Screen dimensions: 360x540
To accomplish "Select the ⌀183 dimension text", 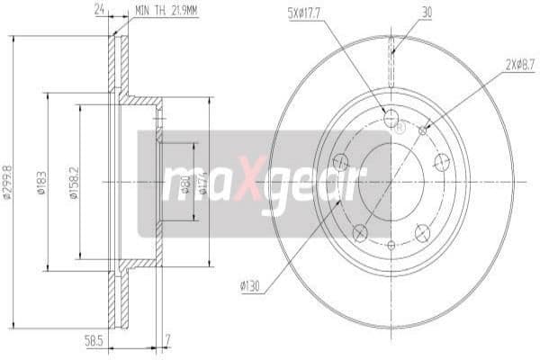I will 40,184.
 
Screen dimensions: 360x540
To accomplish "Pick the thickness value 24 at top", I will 101,12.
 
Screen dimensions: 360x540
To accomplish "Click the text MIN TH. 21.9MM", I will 167,12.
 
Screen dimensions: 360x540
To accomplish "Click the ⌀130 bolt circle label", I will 251,287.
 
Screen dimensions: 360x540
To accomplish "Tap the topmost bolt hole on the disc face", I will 391,119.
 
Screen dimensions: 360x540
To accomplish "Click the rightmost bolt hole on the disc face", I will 441,162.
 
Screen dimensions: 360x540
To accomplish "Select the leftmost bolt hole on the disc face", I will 341,162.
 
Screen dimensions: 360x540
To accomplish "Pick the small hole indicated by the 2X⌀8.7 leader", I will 423,130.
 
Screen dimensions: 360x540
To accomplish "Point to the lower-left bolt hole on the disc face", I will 360,233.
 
